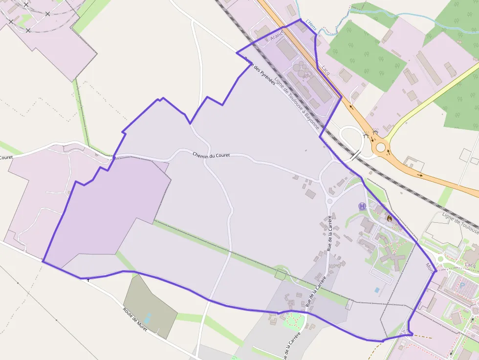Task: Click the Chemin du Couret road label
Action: click(211, 155)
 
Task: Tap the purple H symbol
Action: click(362, 206)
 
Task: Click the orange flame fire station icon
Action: click(389, 219)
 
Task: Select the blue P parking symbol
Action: click(461, 284)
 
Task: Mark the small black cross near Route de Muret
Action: click(88, 280)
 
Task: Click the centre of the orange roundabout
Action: click(380, 146)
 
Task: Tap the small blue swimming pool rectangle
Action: click(376, 290)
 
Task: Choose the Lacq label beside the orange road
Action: click(326, 72)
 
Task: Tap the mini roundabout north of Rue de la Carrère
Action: click(329, 201)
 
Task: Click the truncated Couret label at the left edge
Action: click(6, 157)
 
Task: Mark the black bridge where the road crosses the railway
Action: click(355, 156)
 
